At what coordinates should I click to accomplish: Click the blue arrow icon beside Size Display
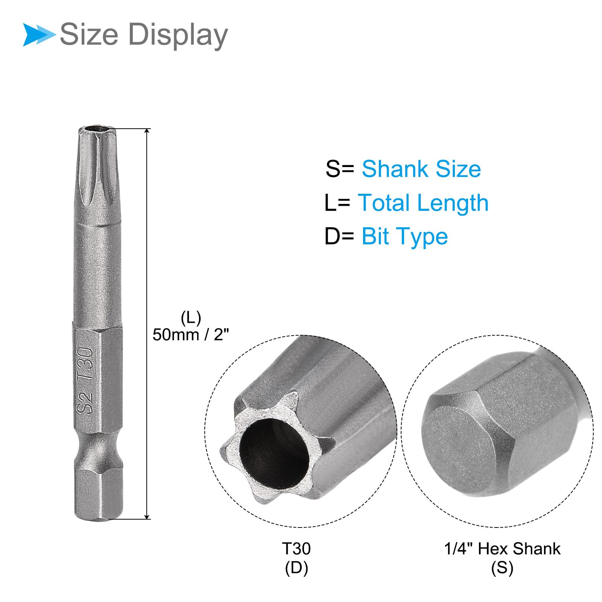tap(39, 35)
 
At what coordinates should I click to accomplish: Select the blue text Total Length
tap(423, 203)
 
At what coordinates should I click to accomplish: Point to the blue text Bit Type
tap(405, 237)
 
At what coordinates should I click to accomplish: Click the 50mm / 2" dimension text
tap(191, 334)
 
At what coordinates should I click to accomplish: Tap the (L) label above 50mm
tap(191, 318)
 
